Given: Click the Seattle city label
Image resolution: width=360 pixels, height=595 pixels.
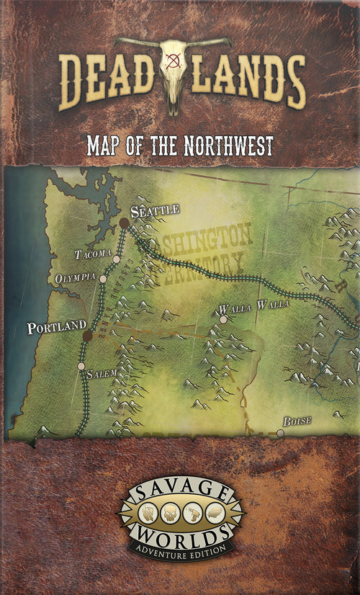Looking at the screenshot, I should pos(155,210).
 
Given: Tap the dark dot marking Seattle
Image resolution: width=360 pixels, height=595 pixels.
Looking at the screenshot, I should pos(125,223).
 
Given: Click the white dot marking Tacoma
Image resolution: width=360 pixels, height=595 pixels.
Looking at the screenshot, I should pos(116,258).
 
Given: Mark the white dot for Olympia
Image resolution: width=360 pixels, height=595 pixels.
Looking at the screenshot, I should pos(103,279).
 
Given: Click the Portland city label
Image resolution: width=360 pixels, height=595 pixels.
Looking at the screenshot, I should pos(56,328).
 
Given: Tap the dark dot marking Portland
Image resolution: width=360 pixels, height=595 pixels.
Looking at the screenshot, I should pos(87,336).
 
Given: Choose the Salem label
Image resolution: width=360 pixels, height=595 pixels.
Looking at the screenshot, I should pos(102,374).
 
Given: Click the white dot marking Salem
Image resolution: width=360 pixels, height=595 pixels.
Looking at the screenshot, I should pos(81,366).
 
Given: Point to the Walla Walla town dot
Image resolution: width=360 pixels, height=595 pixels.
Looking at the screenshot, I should pos(223,319).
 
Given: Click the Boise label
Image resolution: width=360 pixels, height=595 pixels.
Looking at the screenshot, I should pos(297,420).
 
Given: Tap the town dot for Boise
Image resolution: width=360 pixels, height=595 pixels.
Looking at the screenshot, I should pos(280,433).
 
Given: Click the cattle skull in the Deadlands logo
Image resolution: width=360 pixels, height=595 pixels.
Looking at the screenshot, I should pos(173,72).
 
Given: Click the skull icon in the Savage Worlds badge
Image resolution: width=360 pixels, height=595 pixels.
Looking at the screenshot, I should pos(167,512).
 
